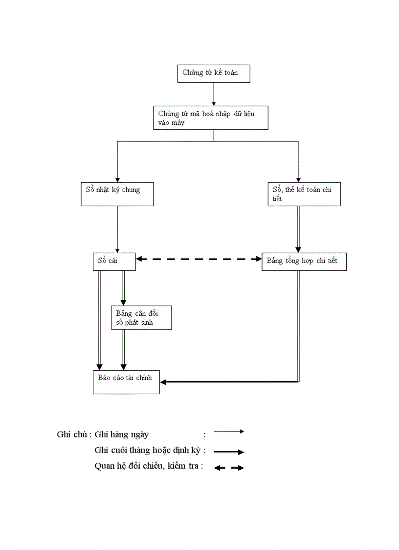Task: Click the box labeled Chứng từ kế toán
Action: click(214, 73)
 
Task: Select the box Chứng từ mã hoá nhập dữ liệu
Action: click(211, 118)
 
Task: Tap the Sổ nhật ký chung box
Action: click(116, 194)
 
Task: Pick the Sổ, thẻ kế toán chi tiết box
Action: click(304, 194)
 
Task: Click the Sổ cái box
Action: click(113, 262)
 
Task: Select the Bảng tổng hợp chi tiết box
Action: click(304, 262)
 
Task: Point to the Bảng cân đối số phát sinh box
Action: click(141, 318)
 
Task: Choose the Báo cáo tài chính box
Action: click(126, 382)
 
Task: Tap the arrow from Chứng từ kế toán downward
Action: click(214, 94)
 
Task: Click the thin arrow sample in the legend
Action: click(229, 431)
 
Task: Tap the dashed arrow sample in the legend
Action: click(229, 468)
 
